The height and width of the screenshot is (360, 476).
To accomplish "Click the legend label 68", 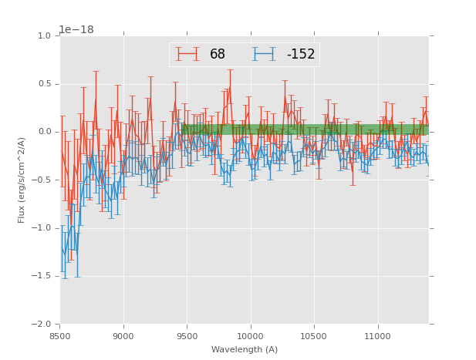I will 218,55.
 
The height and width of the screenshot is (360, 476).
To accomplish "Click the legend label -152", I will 301,55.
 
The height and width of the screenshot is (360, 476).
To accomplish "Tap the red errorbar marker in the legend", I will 187,55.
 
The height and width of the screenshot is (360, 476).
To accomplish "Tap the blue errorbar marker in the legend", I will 265,55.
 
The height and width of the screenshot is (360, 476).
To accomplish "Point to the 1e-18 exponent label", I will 76,30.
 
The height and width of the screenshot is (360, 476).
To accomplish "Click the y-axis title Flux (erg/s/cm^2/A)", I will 22,180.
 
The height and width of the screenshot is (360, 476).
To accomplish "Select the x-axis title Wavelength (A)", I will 245,349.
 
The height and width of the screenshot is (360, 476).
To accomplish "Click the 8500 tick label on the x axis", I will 60,336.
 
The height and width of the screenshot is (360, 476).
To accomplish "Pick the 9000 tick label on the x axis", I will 123,336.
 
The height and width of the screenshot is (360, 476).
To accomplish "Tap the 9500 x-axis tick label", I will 187,336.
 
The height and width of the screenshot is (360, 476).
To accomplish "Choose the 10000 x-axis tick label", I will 251,336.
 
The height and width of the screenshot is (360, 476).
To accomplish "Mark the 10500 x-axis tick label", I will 314,336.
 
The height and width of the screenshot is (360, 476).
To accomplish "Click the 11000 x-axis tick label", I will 378,336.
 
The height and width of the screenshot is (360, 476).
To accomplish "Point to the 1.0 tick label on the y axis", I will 44,36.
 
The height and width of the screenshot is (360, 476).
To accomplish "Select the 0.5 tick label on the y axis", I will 44,84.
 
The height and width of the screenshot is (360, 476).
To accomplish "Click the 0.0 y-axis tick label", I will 44,132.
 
